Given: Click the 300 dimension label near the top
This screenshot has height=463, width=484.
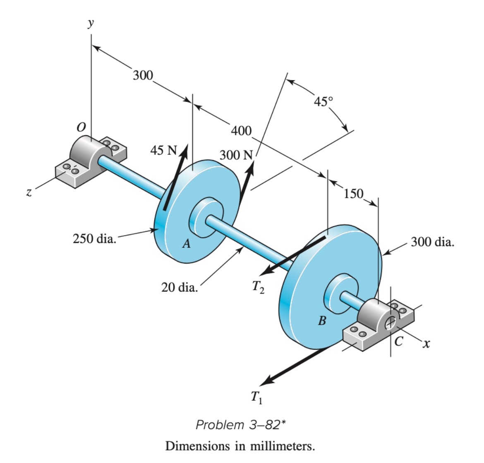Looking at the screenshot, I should point(143,75).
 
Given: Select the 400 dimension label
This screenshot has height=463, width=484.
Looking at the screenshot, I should point(241,131).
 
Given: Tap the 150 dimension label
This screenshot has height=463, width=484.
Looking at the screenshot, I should point(354,193).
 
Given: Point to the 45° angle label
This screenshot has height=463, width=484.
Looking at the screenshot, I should point(323,101).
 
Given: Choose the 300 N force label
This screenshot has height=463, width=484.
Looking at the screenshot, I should point(236,155).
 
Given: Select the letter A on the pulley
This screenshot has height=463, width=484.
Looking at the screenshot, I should point(187,244).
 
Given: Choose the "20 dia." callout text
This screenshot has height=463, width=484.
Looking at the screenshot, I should point(179,287).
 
